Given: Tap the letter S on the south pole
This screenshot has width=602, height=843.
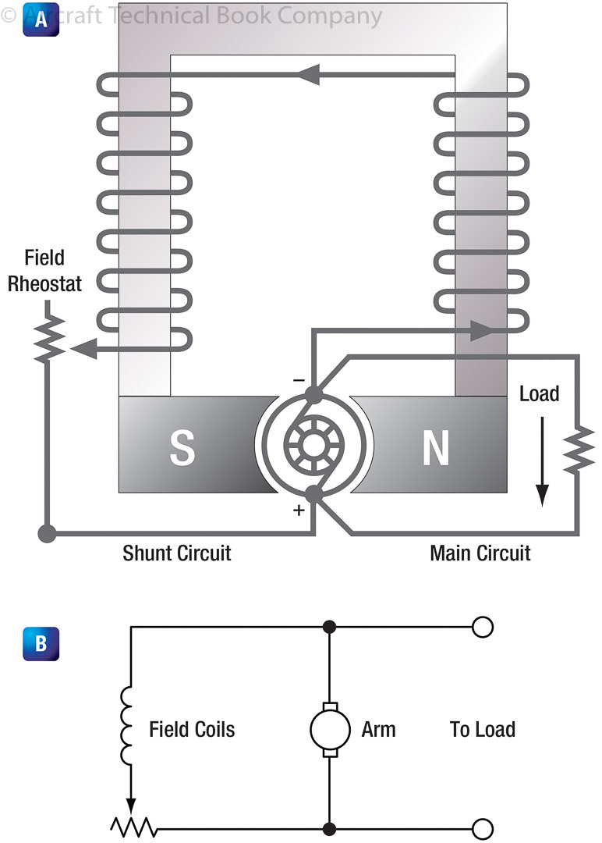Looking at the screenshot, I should coord(182,447).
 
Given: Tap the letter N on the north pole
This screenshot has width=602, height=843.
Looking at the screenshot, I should coord(435,447).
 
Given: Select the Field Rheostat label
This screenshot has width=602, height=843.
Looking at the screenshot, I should coord(44,270).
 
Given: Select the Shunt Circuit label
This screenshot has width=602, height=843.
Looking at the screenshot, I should coord(177,553).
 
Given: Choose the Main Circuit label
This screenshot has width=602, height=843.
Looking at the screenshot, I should coord(480,553).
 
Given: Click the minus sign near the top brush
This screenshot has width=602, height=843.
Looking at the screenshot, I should coord(299,380).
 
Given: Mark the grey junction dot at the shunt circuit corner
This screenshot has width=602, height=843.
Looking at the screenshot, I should coord(47,535).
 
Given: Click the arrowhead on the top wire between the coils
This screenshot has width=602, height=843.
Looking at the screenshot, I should coord(308,75).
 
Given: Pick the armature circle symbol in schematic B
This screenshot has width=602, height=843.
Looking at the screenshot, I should coord(329,730).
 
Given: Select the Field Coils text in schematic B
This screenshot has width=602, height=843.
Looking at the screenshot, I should coord(192,730).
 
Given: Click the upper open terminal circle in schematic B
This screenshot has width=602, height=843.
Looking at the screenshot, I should coord(483,626).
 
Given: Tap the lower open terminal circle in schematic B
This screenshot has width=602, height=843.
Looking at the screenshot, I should coord(483,828).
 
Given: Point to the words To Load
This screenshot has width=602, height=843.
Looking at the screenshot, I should coord(483,730).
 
